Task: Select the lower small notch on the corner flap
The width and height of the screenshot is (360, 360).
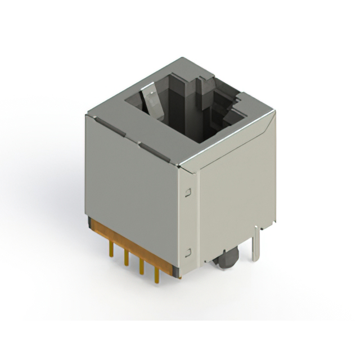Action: point(188,252)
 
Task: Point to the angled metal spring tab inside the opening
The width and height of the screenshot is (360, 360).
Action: point(148,101)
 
